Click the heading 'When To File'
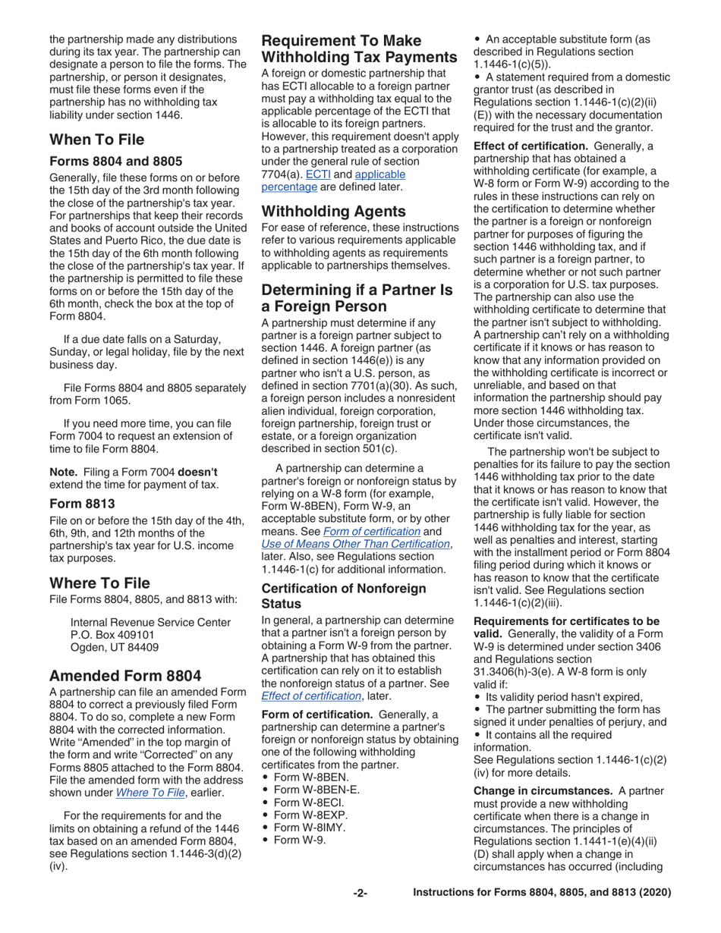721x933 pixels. pos(96,140)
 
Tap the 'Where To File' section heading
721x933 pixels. pos(99,583)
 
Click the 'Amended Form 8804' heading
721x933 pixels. pos(125,676)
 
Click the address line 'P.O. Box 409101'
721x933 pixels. pos(112,635)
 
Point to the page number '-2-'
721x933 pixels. pos(360,894)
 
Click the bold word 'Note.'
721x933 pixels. pos(64,471)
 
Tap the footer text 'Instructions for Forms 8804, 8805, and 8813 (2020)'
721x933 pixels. pos(541,894)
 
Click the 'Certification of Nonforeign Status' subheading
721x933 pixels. pos(343,595)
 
